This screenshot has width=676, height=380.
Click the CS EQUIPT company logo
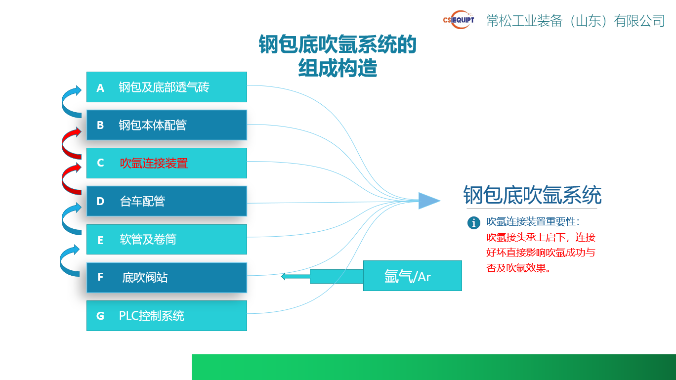(x=459, y=20)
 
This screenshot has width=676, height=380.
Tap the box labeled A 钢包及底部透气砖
(x=167, y=87)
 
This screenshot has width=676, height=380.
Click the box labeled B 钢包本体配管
(x=167, y=125)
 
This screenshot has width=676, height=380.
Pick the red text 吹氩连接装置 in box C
(x=154, y=163)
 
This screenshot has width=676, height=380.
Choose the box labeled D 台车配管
(x=167, y=201)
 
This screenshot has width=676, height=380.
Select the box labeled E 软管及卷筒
(x=167, y=240)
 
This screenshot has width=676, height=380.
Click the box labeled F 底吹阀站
(x=167, y=277)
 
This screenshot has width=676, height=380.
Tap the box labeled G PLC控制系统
(x=167, y=316)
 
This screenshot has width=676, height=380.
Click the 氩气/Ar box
(x=412, y=276)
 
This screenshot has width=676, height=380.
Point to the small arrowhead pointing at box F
(x=284, y=276)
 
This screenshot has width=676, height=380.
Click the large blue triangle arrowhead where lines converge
(x=428, y=201)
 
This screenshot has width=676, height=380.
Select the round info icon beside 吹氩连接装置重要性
(x=473, y=223)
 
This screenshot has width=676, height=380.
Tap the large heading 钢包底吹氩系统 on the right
(x=532, y=195)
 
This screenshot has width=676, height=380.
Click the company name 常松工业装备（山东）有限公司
(x=576, y=21)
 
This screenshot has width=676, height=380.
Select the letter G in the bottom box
(x=100, y=316)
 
